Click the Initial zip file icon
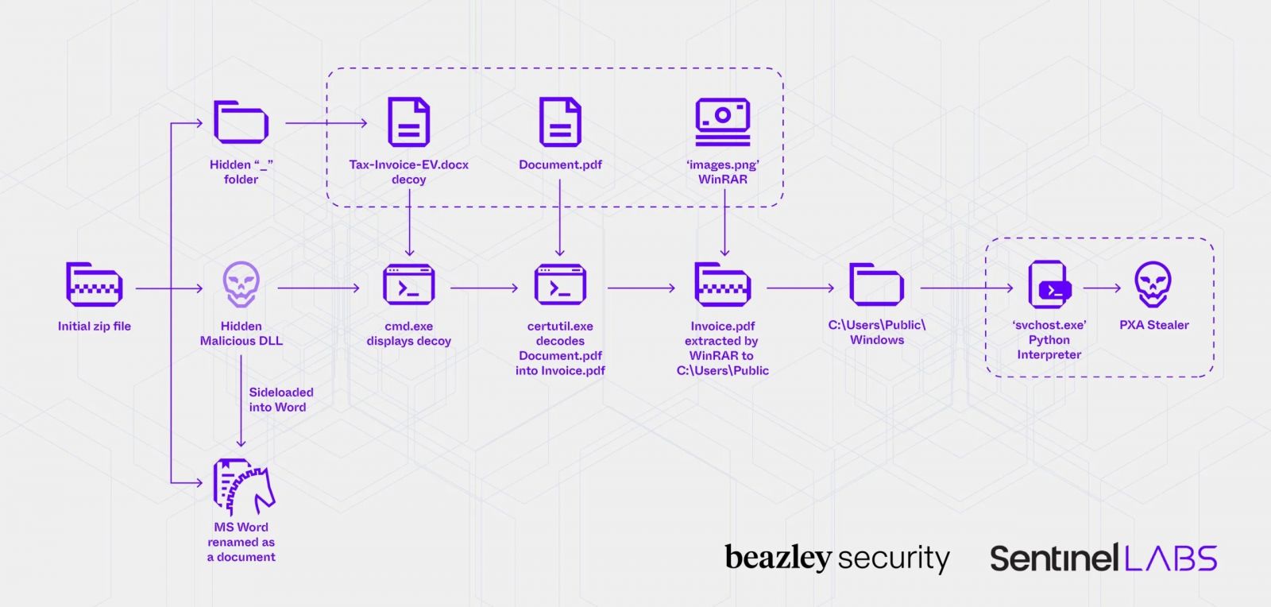point(94,284)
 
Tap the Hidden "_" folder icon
point(241,122)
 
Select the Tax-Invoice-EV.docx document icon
point(408,122)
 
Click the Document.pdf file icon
point(560,122)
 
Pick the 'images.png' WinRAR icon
point(722,122)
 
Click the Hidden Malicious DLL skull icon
point(241,284)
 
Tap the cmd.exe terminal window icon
point(408,285)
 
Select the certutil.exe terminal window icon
point(560,285)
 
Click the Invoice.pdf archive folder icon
point(722,284)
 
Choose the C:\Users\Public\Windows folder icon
point(876,284)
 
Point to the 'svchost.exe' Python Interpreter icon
point(1049,284)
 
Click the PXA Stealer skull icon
point(1153,284)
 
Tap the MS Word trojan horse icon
point(243,487)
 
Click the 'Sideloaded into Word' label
point(280,400)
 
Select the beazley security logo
point(836,558)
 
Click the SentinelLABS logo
point(1103,558)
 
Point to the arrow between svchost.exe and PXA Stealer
point(1102,288)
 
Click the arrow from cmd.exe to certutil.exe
point(484,288)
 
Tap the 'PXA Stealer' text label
point(1153,325)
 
